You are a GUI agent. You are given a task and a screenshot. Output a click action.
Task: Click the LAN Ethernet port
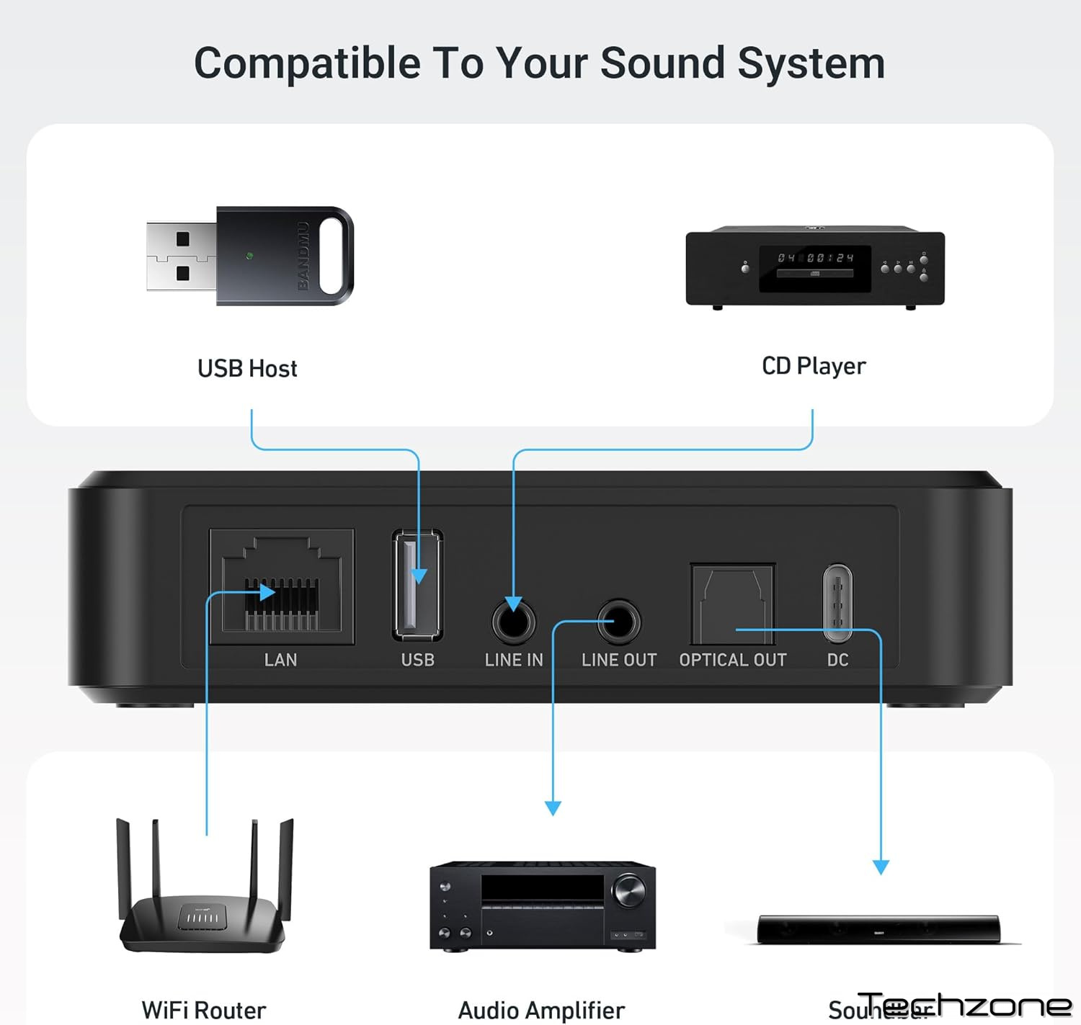[281, 586]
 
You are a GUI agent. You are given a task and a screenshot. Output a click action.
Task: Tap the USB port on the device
[417, 585]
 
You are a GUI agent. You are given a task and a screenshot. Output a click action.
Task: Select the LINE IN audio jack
[514, 621]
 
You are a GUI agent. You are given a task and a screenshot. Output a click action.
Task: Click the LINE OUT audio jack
[618, 621]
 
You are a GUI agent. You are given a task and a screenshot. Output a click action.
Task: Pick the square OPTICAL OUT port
[732, 604]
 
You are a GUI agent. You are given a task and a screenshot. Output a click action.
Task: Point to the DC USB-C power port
[837, 602]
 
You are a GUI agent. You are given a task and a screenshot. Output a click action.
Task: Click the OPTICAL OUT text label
[732, 660]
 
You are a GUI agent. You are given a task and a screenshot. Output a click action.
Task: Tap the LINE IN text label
[514, 660]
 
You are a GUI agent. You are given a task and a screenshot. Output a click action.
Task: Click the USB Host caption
[247, 369]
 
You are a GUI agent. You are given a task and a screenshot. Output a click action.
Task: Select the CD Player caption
[814, 366]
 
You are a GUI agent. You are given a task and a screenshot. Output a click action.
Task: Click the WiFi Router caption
[204, 1010]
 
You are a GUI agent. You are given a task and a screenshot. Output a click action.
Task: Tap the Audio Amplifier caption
[541, 1010]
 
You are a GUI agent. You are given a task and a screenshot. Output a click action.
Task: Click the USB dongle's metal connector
[182, 256]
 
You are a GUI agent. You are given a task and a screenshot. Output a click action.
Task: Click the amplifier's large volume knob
[629, 891]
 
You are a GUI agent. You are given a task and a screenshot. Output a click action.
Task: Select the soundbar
[878, 929]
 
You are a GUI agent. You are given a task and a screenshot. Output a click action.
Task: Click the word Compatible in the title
[307, 63]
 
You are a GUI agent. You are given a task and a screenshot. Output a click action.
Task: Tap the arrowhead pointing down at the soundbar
[881, 867]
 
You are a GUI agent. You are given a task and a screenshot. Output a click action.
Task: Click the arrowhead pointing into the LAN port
[267, 593]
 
